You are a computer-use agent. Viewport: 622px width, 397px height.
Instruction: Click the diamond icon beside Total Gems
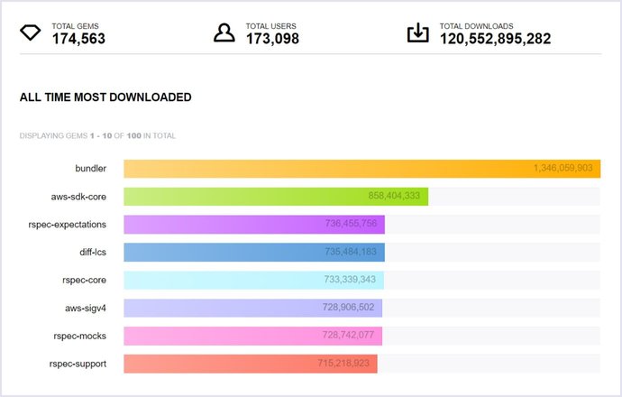pyautogui.click(x=31, y=33)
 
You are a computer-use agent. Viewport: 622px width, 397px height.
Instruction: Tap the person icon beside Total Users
pyautogui.click(x=224, y=33)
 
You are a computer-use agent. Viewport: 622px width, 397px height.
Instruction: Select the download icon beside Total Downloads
pyautogui.click(x=417, y=33)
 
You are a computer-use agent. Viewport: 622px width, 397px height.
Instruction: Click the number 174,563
pyautogui.click(x=78, y=39)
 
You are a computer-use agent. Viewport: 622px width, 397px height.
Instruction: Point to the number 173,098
pyautogui.click(x=272, y=39)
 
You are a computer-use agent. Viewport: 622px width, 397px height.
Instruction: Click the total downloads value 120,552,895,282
pyautogui.click(x=495, y=39)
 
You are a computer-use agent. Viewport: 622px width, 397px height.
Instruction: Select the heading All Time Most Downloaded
pyautogui.click(x=105, y=97)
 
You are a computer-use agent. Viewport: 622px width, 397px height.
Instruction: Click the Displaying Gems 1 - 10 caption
pyautogui.click(x=97, y=136)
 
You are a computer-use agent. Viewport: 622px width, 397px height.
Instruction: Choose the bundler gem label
pyautogui.click(x=90, y=169)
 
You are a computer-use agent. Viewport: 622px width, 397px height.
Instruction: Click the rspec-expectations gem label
pyautogui.click(x=69, y=225)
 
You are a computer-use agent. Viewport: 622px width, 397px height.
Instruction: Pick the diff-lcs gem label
pyautogui.click(x=93, y=253)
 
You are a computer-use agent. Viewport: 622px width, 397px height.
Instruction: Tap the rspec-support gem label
pyautogui.click(x=78, y=364)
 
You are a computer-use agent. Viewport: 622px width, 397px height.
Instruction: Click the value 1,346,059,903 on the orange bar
pyautogui.click(x=563, y=169)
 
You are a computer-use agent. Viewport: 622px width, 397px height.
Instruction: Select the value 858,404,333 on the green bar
pyautogui.click(x=394, y=197)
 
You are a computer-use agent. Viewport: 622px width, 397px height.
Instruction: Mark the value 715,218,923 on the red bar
pyautogui.click(x=343, y=365)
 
